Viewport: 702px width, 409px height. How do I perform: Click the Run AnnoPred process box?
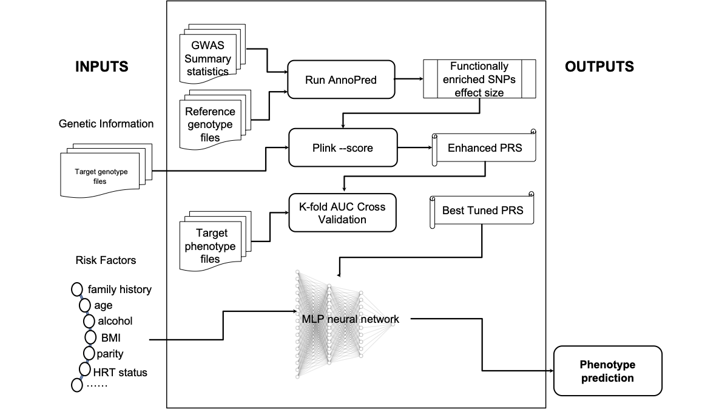coord(341,79)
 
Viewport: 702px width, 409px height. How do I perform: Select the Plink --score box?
coord(343,147)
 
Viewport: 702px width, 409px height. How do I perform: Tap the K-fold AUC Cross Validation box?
coord(342,212)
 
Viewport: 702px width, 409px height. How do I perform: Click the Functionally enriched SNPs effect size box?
coord(479,79)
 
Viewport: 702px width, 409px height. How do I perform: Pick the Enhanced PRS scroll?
coord(484,147)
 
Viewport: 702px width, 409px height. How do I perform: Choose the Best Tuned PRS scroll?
coord(482,211)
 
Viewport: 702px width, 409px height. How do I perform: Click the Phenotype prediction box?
coord(607,371)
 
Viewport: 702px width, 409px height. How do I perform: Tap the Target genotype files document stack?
coord(101,176)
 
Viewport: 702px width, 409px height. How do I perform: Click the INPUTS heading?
coord(102,67)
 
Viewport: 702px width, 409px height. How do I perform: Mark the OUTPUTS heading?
coord(599,67)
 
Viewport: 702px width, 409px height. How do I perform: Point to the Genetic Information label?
coord(106,124)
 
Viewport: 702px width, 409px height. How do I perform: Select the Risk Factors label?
coord(106,260)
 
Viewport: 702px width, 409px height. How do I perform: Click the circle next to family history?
coord(78,289)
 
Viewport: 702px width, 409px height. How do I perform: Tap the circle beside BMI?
coord(90,337)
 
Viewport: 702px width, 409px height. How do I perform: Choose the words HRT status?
coord(120,372)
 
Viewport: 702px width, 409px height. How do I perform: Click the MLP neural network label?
coord(350,319)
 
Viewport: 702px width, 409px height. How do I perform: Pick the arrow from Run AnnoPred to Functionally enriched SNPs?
coord(408,79)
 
